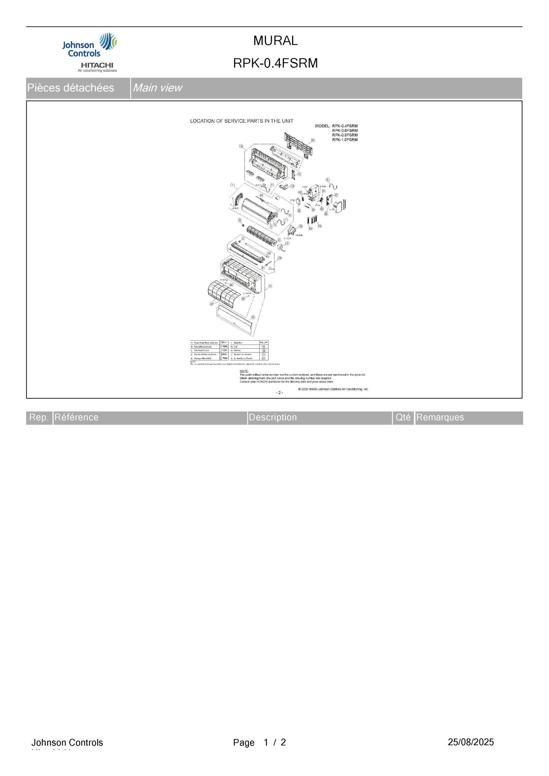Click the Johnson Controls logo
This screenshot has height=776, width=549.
(x=89, y=46)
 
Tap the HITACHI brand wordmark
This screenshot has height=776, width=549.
(x=97, y=65)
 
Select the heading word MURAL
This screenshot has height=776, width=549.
(x=275, y=40)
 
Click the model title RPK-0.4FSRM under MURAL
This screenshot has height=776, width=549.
(x=275, y=63)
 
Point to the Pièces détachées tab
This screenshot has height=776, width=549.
(x=70, y=88)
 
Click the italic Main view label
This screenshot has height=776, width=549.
(x=157, y=88)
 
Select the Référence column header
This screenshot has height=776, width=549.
(x=76, y=417)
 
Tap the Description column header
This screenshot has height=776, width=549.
(x=273, y=417)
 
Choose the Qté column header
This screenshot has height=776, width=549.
(x=403, y=417)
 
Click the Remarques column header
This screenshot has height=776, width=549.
(x=440, y=417)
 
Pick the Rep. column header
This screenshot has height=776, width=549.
(x=39, y=417)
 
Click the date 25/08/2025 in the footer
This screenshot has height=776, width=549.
(x=470, y=742)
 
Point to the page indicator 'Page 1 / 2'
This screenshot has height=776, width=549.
(x=259, y=743)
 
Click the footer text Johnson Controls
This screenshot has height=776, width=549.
(x=67, y=743)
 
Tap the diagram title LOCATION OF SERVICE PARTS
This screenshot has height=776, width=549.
(x=241, y=121)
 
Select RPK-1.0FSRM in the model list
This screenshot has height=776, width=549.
(x=345, y=140)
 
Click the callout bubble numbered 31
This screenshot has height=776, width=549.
(x=253, y=317)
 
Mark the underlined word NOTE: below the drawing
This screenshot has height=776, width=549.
(x=244, y=371)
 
